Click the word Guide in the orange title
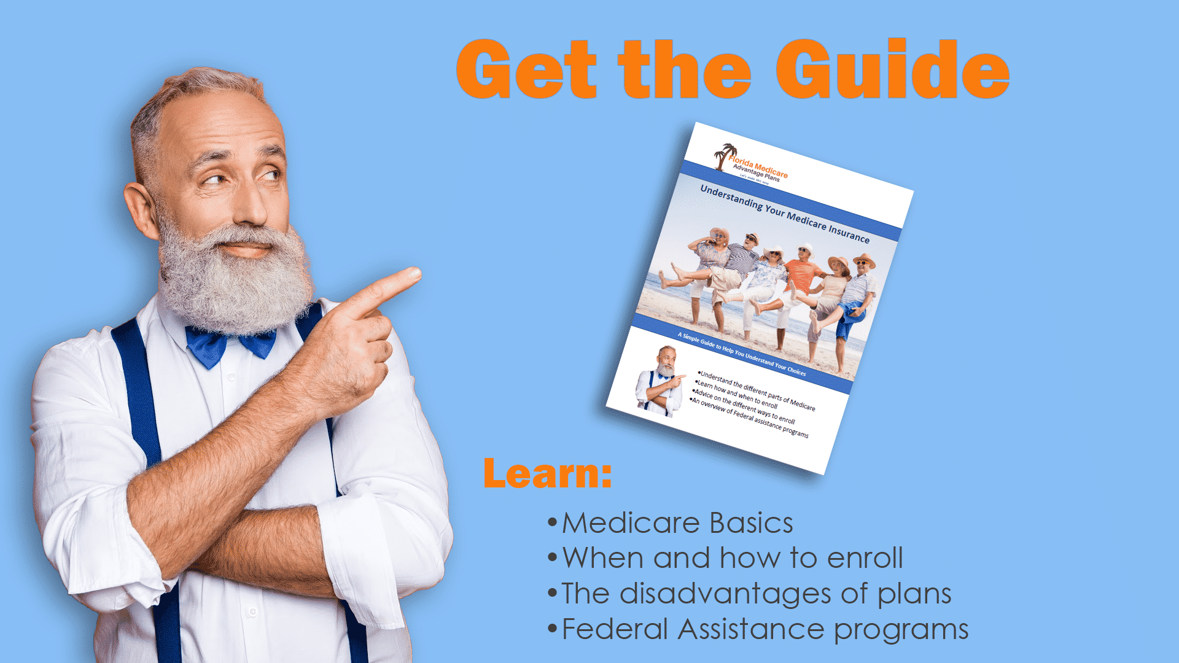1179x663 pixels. coord(892,69)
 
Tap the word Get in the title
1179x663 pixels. coord(526,69)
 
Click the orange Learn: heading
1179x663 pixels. coord(547,473)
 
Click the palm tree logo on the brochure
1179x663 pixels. coord(725,155)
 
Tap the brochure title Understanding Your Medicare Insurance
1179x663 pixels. coord(785,214)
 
